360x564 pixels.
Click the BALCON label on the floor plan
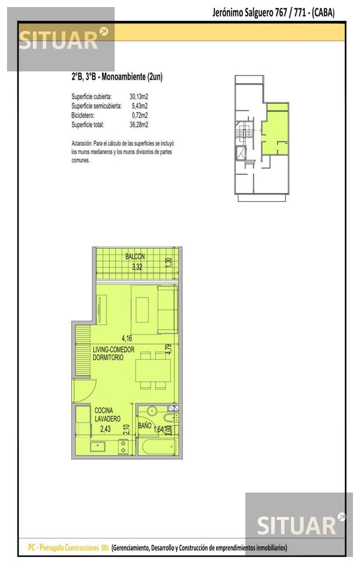(x=135, y=257)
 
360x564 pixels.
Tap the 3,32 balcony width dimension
(x=137, y=267)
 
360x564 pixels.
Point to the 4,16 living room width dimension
(x=126, y=338)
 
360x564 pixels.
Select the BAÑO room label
(x=144, y=425)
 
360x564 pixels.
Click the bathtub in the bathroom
(x=159, y=447)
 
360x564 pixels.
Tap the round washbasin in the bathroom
(x=152, y=411)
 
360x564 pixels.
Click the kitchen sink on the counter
(x=98, y=446)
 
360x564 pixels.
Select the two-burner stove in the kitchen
(x=123, y=446)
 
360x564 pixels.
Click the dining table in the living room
(x=153, y=371)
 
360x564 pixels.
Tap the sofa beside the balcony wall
(x=167, y=310)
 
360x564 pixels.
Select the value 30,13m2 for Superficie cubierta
(x=139, y=96)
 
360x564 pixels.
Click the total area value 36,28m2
(x=139, y=125)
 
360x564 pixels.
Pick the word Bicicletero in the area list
(x=83, y=115)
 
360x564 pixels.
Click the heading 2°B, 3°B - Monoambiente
(x=117, y=77)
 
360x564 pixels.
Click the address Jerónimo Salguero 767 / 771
(x=259, y=13)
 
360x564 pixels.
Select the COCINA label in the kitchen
(x=103, y=410)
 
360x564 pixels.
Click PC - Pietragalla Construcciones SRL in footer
(x=68, y=548)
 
